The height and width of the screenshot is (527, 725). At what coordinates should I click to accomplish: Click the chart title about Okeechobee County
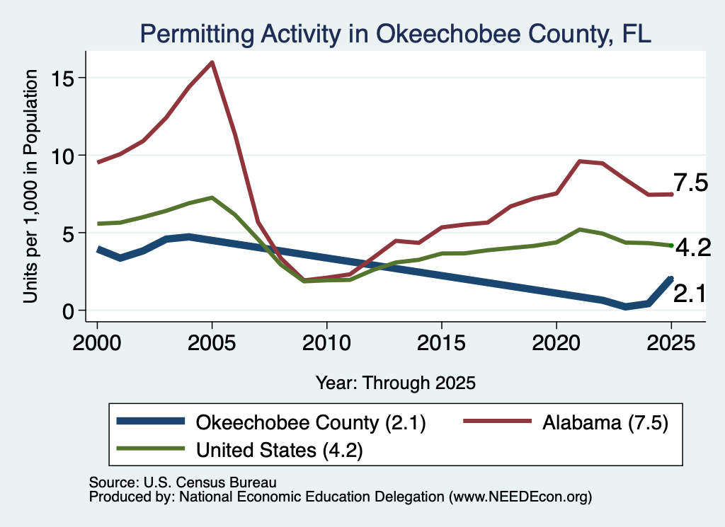pos(395,34)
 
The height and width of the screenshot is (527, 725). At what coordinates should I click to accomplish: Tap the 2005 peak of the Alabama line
pos(212,62)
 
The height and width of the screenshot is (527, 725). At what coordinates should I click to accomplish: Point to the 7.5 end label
pos(690,183)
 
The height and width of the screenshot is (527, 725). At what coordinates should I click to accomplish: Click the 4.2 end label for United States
pos(693,248)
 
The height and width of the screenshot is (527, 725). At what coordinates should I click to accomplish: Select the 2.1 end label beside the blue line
pos(690,294)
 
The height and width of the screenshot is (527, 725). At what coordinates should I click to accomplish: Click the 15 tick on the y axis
pos(62,78)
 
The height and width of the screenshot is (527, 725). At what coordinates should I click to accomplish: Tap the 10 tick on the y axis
pos(62,156)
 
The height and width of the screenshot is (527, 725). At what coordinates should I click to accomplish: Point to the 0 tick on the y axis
pos(69,311)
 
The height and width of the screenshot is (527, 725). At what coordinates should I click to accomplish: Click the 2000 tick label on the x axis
pos(97,343)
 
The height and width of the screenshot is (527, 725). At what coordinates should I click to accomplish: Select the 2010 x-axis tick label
pos(327,343)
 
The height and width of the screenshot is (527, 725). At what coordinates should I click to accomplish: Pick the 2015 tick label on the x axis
pos(442,343)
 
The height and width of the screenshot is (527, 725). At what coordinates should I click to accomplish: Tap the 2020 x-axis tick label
pos(556,343)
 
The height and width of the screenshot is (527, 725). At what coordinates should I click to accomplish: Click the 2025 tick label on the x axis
pos(671,343)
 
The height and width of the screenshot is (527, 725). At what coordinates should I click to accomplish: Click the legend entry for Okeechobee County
pos(271,422)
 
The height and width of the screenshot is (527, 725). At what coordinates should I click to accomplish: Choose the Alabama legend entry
pos(566,422)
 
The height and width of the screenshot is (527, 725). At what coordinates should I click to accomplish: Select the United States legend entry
pos(239,450)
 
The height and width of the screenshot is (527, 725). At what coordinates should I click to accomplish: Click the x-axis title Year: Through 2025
pos(396,383)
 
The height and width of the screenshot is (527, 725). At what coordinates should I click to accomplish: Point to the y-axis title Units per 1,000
pos(30,186)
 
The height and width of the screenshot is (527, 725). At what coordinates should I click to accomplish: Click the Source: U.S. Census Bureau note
pos(183,482)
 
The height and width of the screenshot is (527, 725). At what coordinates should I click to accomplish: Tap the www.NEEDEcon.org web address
pos(522,497)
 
